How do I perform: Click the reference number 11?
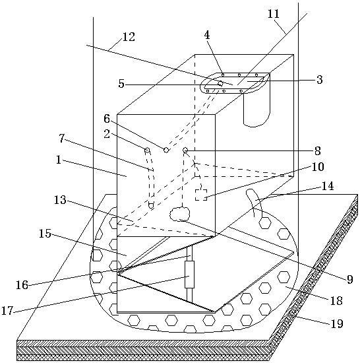(x=274, y=14)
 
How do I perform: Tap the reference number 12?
(x=129, y=37)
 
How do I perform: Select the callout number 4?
(x=207, y=35)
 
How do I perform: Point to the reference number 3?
(x=319, y=80)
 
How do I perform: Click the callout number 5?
(x=121, y=84)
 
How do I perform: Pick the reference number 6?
(x=107, y=119)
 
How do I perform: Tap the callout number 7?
(x=62, y=139)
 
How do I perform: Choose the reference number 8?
(x=318, y=151)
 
